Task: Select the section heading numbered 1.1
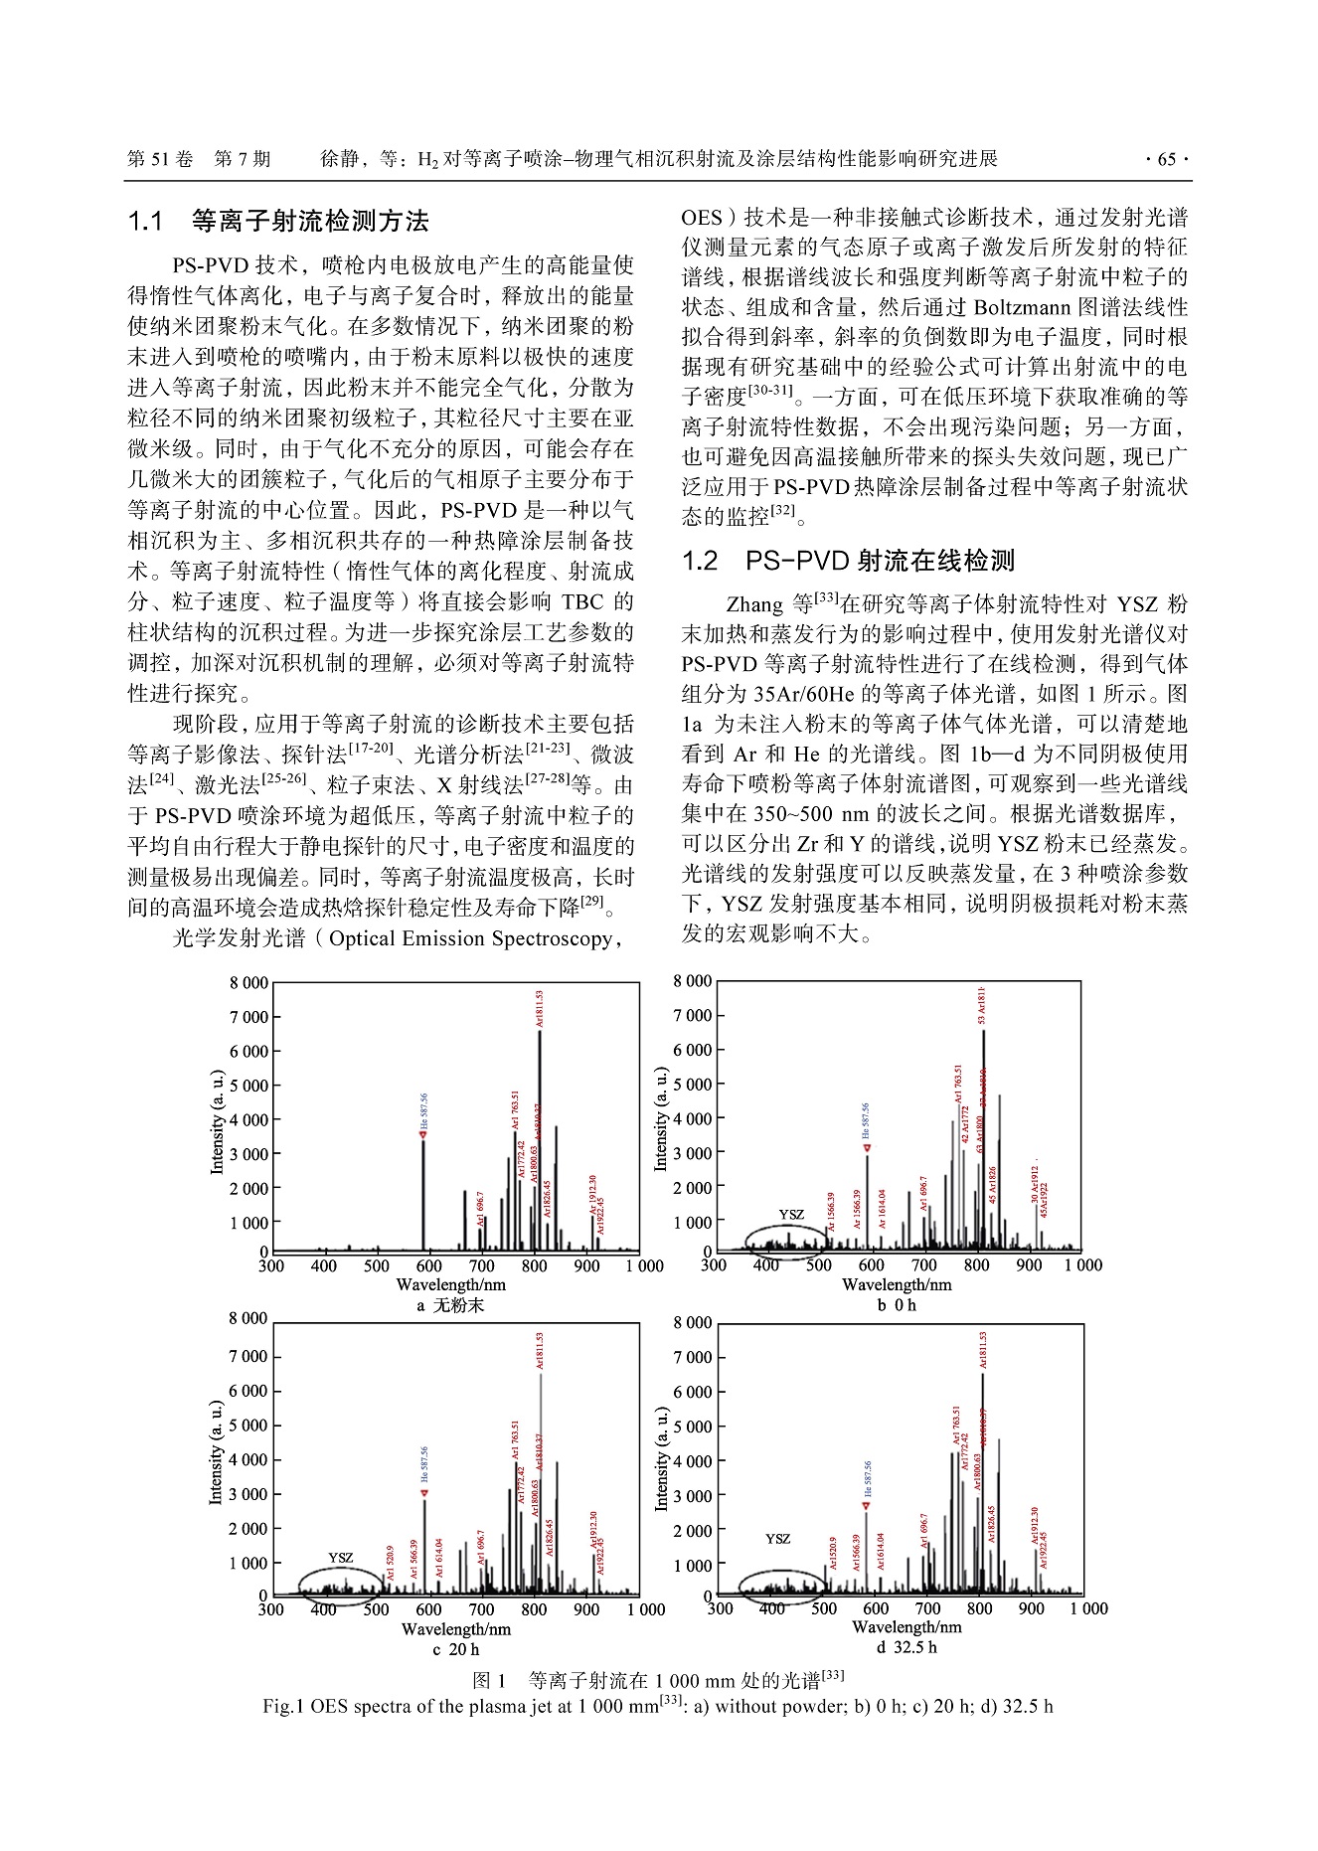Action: (x=279, y=221)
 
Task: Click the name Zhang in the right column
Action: (x=754, y=604)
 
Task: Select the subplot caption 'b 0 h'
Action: (x=897, y=1305)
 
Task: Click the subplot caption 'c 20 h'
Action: (x=456, y=1649)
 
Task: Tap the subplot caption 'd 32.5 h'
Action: (x=906, y=1647)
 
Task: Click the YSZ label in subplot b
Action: (x=791, y=1215)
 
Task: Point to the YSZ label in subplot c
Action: (x=341, y=1558)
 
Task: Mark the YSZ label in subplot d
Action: (x=778, y=1539)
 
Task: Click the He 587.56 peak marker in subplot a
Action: (x=422, y=1134)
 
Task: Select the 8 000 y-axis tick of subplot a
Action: (x=248, y=983)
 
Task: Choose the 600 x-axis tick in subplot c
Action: (x=429, y=1609)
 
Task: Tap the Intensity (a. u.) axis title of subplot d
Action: (x=661, y=1458)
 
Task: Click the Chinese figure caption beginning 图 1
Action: (x=658, y=1680)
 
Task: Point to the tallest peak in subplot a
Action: (x=540, y=1034)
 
